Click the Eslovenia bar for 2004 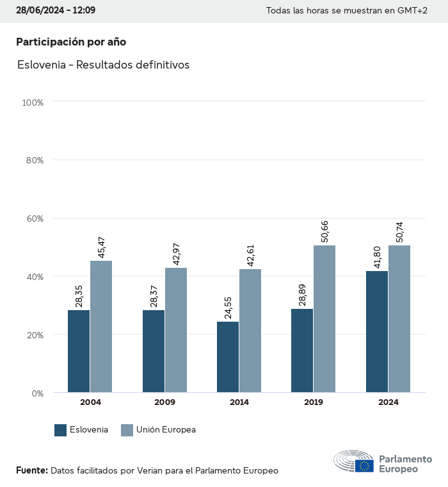click(79, 351)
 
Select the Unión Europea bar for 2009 click(176, 330)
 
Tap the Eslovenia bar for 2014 click(228, 357)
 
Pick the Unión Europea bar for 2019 click(324, 319)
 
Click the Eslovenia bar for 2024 click(377, 332)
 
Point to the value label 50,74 click(400, 231)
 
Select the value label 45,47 click(101, 247)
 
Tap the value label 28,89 click(302, 295)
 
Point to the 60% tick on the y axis click(33, 219)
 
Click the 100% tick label click(32, 103)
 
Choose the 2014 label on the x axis click(239, 402)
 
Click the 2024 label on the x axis click(388, 402)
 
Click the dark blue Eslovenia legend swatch click(61, 430)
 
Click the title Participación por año click(71, 42)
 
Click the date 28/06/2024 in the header click(40, 11)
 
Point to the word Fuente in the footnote click(31, 470)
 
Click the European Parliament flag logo click(365, 466)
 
